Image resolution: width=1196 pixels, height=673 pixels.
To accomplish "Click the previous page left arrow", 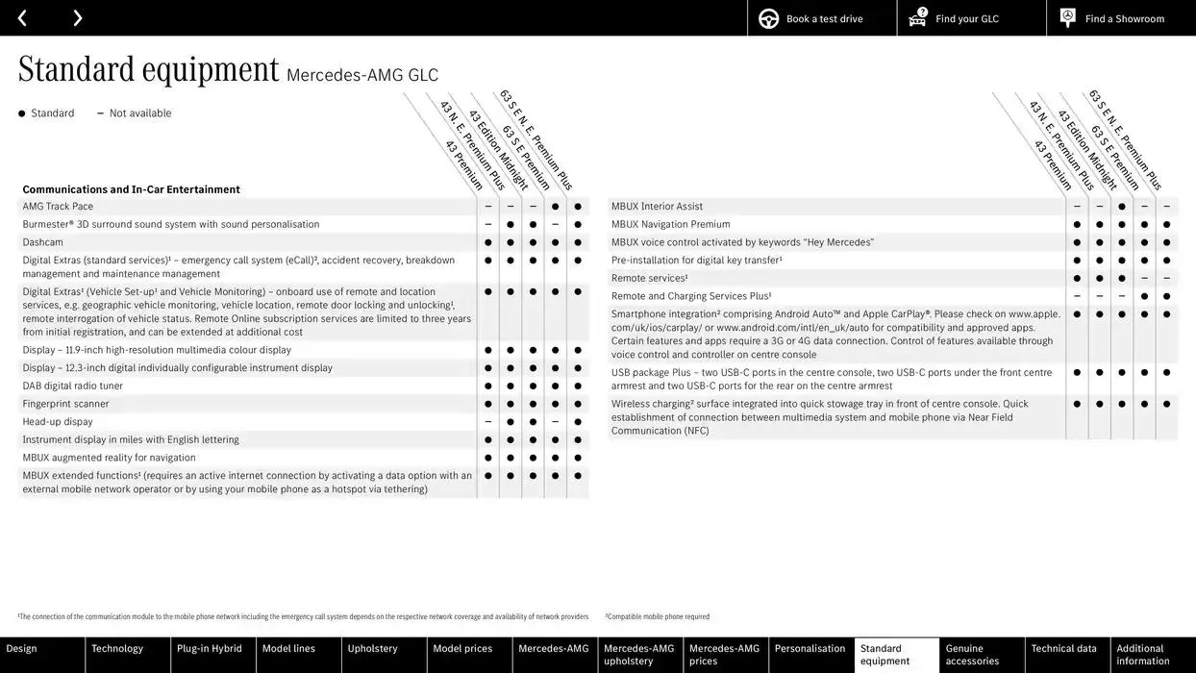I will [x=22, y=18].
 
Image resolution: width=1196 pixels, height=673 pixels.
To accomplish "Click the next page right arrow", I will [x=77, y=18].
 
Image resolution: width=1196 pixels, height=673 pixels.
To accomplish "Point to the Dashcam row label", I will [x=43, y=242].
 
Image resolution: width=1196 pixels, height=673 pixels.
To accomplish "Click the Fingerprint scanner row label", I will [x=65, y=404].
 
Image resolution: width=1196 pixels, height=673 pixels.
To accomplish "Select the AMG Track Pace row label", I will [x=58, y=207].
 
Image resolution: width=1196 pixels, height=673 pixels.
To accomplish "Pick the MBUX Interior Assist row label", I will [x=657, y=207].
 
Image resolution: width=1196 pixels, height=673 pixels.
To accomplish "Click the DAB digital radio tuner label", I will [x=73, y=386].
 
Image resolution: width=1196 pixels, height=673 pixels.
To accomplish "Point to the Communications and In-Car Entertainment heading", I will [x=131, y=189].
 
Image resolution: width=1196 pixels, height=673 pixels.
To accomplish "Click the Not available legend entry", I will [x=139, y=113].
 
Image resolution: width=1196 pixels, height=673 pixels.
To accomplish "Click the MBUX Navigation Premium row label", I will [x=670, y=224].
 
